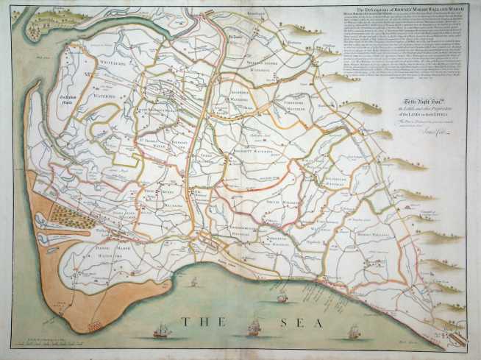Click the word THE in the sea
click(x=195, y=322)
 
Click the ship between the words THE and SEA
click(x=254, y=327)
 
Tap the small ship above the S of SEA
click(x=282, y=297)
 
